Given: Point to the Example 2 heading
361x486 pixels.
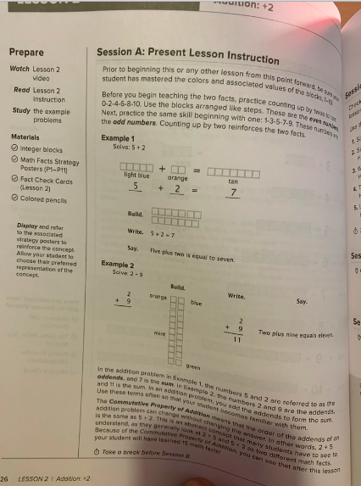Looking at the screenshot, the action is [114, 265].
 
